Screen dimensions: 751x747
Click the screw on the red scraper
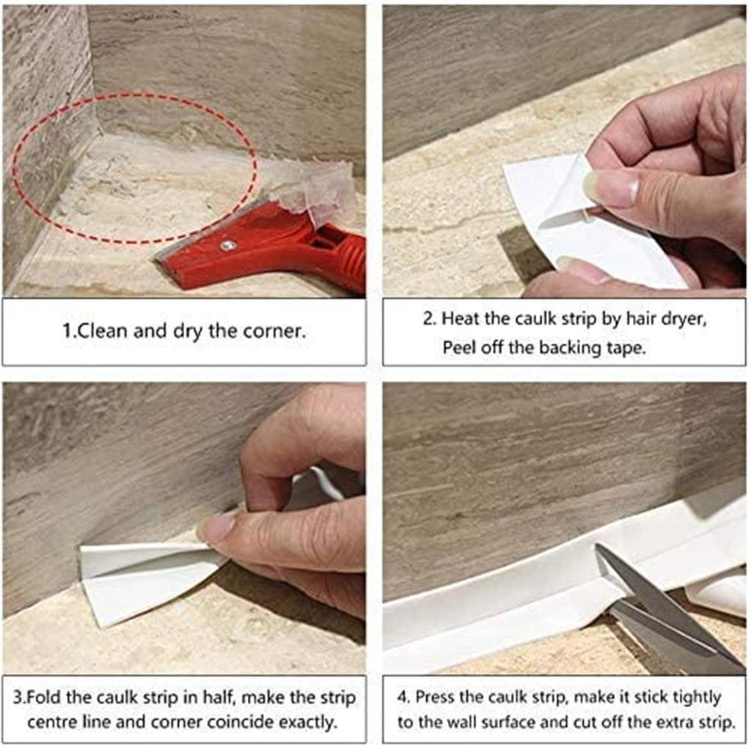228,246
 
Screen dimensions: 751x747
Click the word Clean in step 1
101,331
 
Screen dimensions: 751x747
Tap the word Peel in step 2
459,347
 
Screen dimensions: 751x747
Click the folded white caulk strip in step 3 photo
144,582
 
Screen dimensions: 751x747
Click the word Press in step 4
435,696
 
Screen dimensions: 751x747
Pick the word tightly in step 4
697,698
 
